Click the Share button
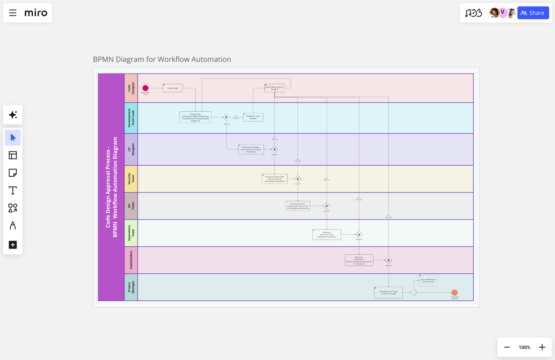pyautogui.click(x=533, y=13)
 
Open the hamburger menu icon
pyautogui.click(x=13, y=13)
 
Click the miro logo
pyautogui.click(x=36, y=13)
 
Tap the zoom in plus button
pyautogui.click(x=542, y=347)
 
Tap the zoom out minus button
pyautogui.click(x=507, y=347)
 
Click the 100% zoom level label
pyautogui.click(x=524, y=347)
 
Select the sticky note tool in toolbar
pyautogui.click(x=13, y=173)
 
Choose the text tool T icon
pyautogui.click(x=13, y=190)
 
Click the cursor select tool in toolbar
pyautogui.click(x=13, y=138)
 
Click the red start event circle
pyautogui.click(x=145, y=88)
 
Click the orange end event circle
pyautogui.click(x=454, y=292)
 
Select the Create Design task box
pyautogui.click(x=173, y=88)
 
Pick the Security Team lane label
pyautogui.click(x=131, y=179)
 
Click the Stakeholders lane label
pyautogui.click(x=131, y=260)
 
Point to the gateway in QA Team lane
pyautogui.click(x=327, y=206)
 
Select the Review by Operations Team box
pyautogui.click(x=327, y=235)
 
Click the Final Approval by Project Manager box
pyautogui.click(x=388, y=292)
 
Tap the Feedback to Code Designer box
pyautogui.click(x=253, y=117)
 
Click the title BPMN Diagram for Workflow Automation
pyautogui.click(x=162, y=59)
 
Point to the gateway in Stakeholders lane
pyautogui.click(x=388, y=260)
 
